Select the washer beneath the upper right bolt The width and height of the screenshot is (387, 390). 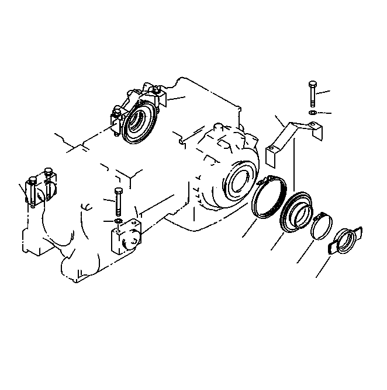click(312, 112)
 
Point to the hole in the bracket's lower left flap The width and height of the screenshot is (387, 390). click(270, 155)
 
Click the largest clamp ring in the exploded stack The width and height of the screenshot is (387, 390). click(269, 200)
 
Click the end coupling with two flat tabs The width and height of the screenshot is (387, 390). click(344, 240)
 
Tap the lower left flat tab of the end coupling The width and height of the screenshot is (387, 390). click(332, 248)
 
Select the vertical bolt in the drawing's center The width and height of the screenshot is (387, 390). click(119, 201)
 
